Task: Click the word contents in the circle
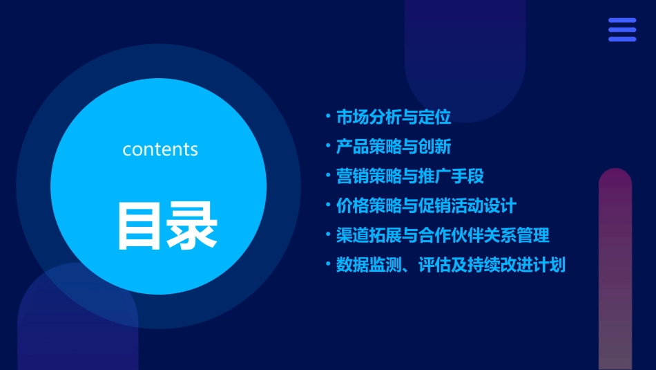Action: [160, 149]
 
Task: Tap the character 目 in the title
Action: [142, 225]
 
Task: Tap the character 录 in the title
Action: [193, 225]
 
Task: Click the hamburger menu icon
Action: [622, 30]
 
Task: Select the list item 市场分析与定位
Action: [394, 118]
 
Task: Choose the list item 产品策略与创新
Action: [394, 147]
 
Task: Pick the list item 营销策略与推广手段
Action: [410, 176]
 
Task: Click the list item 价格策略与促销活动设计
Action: [426, 206]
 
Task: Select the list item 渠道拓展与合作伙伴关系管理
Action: [443, 235]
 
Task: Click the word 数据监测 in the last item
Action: [369, 265]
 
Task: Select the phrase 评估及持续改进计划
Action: [492, 265]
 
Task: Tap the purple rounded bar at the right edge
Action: [615, 270]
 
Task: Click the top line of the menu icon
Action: [622, 21]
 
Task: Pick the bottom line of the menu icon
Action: [622, 39]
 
